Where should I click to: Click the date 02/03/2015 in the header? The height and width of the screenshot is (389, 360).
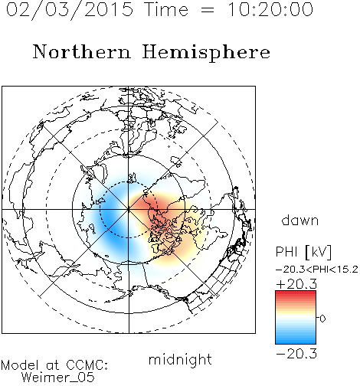70,10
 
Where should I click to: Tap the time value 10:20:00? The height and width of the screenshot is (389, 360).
270,9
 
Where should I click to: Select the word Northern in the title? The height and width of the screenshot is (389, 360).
82,51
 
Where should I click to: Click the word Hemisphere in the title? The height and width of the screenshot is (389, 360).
206,53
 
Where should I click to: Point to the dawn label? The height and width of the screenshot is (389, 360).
300,220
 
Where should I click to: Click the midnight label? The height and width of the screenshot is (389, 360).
180,360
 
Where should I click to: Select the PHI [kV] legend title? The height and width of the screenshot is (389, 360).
303,252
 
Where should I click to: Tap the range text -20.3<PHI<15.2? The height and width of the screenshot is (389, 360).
317,270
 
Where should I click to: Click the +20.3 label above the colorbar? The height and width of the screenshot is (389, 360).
296,284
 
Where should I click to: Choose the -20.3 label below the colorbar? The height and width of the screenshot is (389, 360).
296,354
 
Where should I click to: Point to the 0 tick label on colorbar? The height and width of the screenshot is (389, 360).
322,319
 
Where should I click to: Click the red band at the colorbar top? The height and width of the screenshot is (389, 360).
296,294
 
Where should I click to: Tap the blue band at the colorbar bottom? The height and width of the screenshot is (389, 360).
296,340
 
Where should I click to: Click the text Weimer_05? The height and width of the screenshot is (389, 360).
58,377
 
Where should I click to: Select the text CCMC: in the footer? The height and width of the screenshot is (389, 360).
87,365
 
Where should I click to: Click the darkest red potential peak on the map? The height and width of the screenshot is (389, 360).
149,204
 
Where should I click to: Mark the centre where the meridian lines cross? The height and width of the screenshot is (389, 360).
129,209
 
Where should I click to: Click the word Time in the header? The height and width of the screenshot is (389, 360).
166,9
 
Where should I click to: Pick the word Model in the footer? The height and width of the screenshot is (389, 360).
20,365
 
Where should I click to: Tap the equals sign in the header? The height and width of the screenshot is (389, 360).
208,10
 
